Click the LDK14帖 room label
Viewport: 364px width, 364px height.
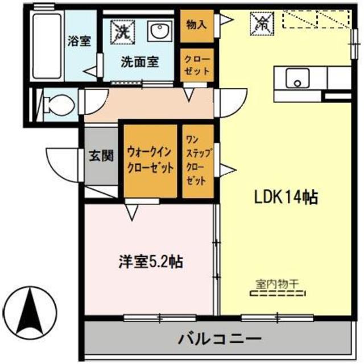coord(285,197)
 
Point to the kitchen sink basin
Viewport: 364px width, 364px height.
coord(296,78)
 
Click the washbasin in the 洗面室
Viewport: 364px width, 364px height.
coord(159,31)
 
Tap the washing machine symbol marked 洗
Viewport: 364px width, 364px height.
coord(120,28)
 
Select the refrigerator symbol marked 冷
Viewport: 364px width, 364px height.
coord(261,23)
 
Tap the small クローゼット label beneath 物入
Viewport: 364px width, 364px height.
coord(196,66)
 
